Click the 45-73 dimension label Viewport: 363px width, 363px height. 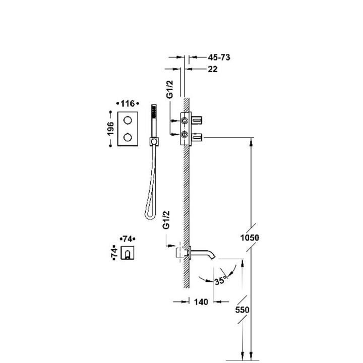(219, 57)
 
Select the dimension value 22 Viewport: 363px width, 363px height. (213, 69)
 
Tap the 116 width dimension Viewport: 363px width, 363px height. (128, 103)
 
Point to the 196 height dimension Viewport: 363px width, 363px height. (110, 129)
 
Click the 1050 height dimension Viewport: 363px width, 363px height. (250, 237)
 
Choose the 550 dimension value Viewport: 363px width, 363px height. (242, 310)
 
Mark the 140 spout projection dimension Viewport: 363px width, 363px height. (201, 301)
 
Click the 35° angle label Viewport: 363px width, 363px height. (220, 281)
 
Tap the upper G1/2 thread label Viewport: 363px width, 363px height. (170, 89)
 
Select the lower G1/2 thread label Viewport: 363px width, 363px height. (166, 220)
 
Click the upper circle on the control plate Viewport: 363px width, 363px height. (128, 120)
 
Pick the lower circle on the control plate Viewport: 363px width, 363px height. (128, 137)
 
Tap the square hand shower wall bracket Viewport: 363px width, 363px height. (154, 142)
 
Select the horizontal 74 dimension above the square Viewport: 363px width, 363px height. (128, 238)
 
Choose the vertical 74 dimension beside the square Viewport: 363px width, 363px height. (114, 253)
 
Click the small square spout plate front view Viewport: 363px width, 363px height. (128, 253)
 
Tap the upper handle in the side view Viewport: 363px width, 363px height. (197, 120)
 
